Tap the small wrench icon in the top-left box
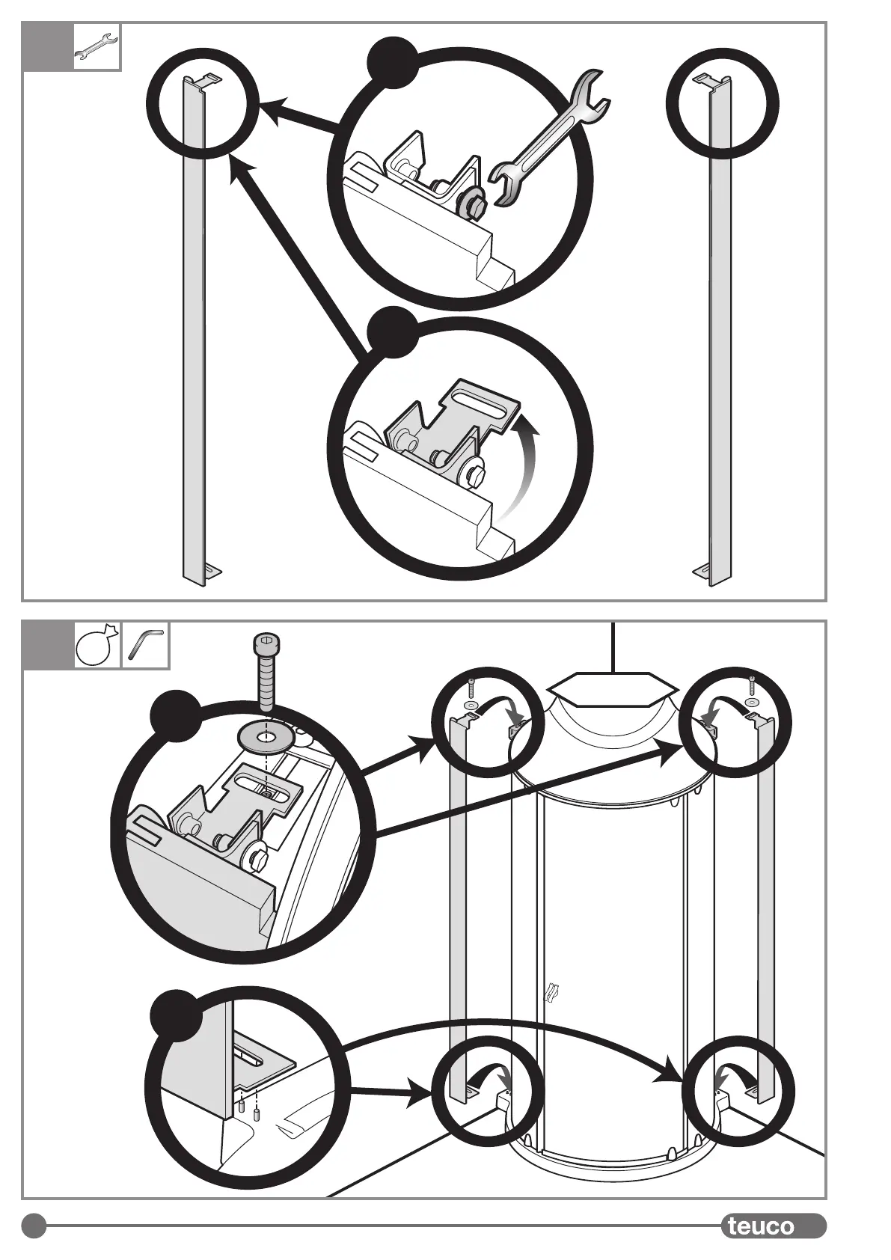pos(97,48)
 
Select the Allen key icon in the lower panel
pos(145,644)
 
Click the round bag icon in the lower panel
pos(97,645)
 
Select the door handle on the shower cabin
pos(554,991)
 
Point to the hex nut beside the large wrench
pos(473,201)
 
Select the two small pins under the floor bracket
pos(249,1107)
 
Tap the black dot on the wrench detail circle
pos(394,62)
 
